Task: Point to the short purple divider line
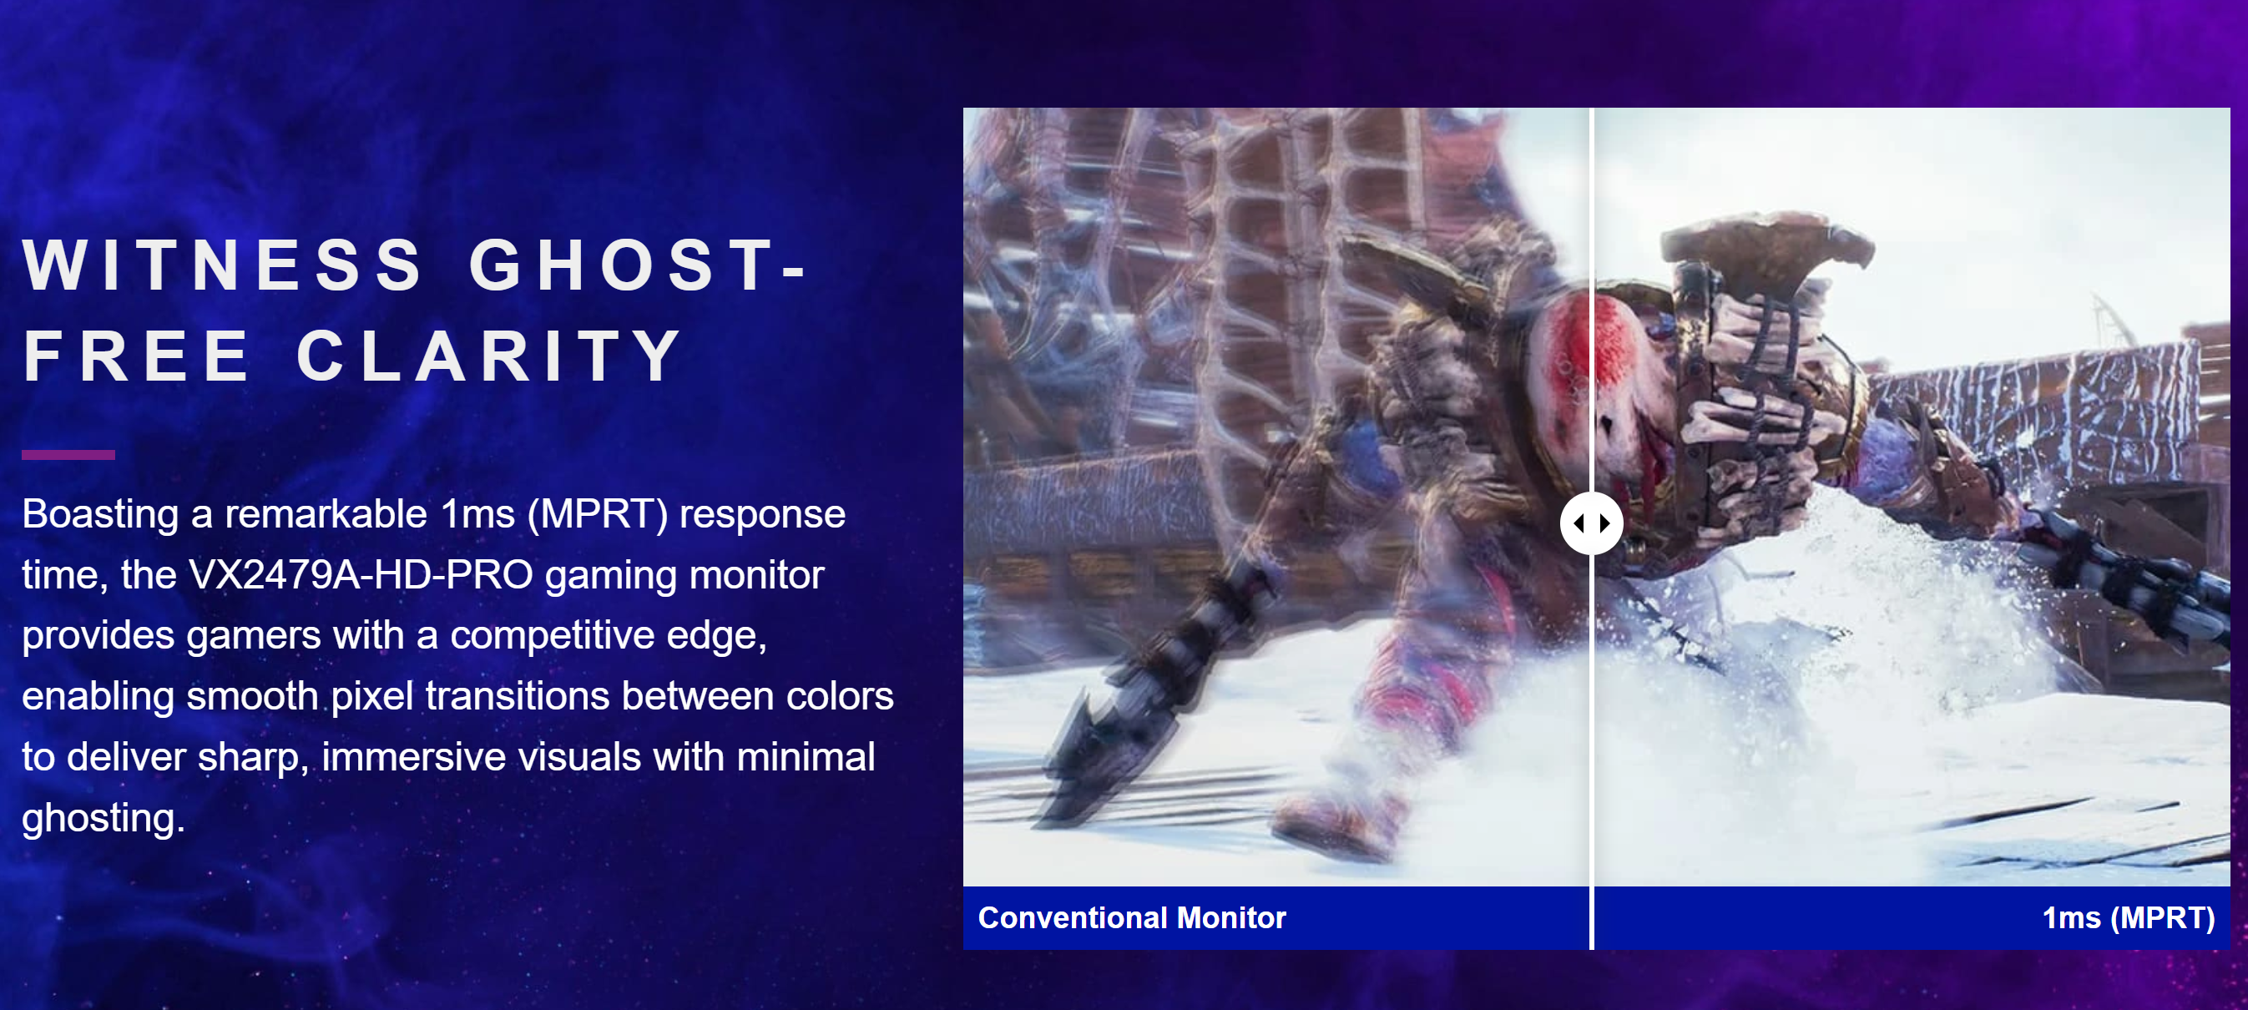[68, 455]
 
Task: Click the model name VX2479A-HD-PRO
[361, 574]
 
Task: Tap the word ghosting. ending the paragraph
[103, 819]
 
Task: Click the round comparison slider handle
[1592, 523]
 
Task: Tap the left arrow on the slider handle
[1579, 523]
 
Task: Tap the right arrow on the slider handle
[1605, 523]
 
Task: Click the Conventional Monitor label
[1132, 917]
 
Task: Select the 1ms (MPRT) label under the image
[2129, 918]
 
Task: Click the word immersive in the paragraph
[414, 757]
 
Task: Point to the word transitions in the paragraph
[518, 697]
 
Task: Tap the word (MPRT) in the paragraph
[597, 514]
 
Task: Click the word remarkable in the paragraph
[326, 513]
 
